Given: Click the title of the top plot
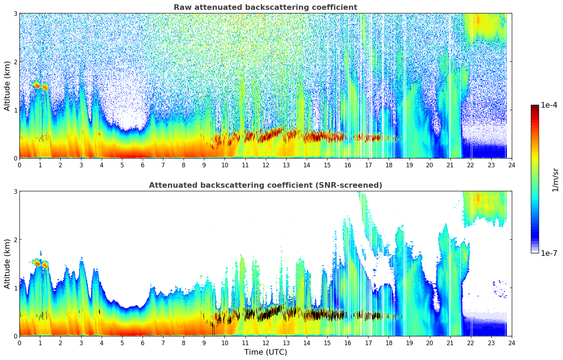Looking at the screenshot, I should tap(265, 7).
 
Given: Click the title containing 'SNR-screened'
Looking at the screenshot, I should tap(265, 185).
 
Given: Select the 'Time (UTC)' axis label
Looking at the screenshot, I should tap(265, 352).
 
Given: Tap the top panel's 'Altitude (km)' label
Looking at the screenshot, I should tap(7, 86).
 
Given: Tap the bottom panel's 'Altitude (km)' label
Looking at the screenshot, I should tap(7, 264).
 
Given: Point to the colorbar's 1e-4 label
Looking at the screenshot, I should tap(549, 105).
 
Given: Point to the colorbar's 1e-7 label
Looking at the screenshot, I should tap(549, 253).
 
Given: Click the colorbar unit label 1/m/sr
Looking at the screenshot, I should tap(555, 180).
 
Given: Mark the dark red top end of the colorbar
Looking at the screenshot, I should tap(534, 107).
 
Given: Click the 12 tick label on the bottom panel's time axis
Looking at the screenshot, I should tap(265, 343).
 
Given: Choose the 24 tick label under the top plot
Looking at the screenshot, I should tap(511, 165).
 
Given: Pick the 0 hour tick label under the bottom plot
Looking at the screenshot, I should tap(19, 343).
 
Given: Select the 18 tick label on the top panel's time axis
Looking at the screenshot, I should tap(389, 165).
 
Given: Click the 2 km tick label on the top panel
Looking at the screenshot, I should tap(16, 62).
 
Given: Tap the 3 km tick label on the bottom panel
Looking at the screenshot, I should tap(16, 191).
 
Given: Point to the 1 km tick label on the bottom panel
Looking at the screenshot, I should tap(16, 288).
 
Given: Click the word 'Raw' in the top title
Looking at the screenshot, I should tap(181, 7).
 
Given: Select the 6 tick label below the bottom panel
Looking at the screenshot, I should tap(143, 343).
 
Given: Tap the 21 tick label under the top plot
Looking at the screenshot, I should tap(450, 165).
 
